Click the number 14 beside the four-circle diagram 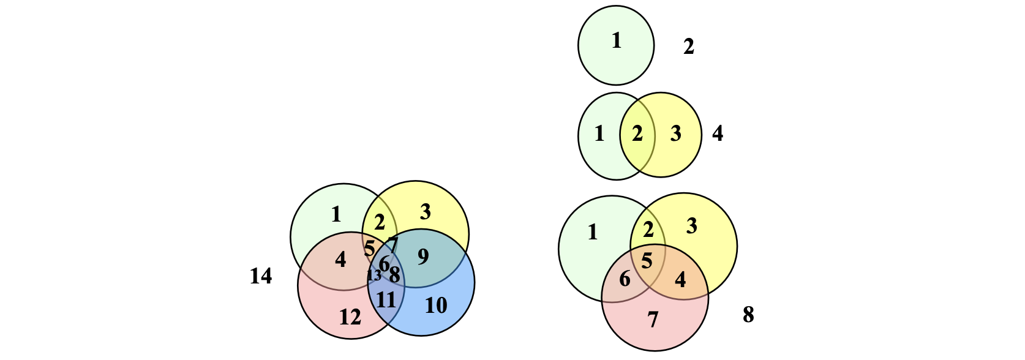pos(261,277)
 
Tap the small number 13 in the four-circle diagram pos(374,276)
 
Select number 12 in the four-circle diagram pos(350,317)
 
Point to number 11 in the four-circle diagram pos(386,300)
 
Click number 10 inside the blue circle pos(436,305)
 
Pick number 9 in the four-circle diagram pos(423,257)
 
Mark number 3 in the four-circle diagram pos(426,212)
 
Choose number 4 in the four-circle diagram pos(340,260)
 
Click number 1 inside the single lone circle pos(617,41)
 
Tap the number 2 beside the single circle pos(689,47)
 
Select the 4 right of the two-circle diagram pos(718,133)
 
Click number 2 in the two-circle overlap pos(637,133)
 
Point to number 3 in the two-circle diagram pos(676,133)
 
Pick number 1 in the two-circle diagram pos(599,133)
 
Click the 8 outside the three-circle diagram pos(748,315)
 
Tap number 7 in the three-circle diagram pos(653,320)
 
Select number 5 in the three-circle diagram pos(647,261)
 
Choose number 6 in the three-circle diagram pos(625,279)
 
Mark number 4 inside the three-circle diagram pos(680,280)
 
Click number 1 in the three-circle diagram pos(593,233)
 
